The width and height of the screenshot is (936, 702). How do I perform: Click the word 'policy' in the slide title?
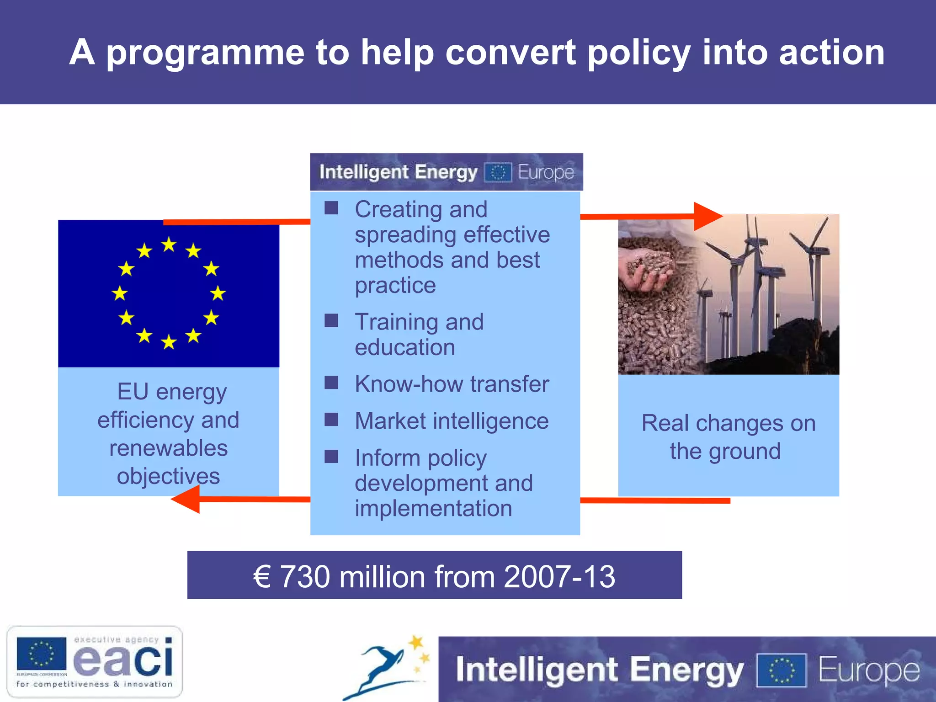pyautogui.click(x=638, y=53)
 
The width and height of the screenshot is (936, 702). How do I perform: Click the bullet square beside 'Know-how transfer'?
pyautogui.click(x=331, y=383)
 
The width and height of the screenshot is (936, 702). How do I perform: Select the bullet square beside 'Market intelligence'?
pyautogui.click(x=331, y=420)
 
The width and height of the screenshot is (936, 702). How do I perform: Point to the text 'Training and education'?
pyautogui.click(x=419, y=335)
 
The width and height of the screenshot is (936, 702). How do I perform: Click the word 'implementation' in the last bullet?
pyautogui.click(x=433, y=509)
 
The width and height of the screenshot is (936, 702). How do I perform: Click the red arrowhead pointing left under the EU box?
pyautogui.click(x=187, y=499)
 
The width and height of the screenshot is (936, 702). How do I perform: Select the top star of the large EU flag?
pyautogui.click(x=169, y=245)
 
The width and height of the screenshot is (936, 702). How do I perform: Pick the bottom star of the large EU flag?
pyautogui.click(x=169, y=341)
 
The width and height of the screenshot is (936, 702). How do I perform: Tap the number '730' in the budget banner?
pyautogui.click(x=304, y=577)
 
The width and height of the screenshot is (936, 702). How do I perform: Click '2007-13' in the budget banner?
pyautogui.click(x=559, y=577)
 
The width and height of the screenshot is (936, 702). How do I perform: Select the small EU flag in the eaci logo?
pyautogui.click(x=41, y=654)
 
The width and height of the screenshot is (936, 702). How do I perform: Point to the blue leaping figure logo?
pyautogui.click(x=384, y=667)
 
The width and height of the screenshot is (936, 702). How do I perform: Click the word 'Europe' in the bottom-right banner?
pyautogui.click(x=868, y=670)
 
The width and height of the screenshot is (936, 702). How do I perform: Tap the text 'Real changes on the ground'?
pyautogui.click(x=728, y=437)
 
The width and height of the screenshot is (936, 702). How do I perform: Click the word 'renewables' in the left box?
pyautogui.click(x=168, y=448)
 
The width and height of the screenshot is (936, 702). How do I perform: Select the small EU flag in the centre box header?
pyautogui.click(x=498, y=173)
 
